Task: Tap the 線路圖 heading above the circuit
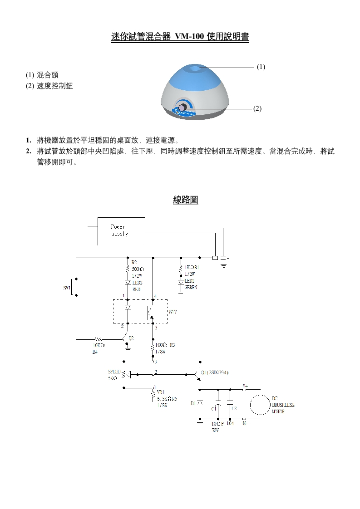pos(186,200)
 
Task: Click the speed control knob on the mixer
pos(182,108)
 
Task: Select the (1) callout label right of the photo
pos(261,67)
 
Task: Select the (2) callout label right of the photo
pos(257,108)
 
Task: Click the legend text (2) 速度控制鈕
pos(49,86)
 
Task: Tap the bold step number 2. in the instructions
pos(29,151)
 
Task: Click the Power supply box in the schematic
pos(121,231)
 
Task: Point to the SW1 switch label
pos(67,288)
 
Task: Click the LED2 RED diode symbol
pos(128,282)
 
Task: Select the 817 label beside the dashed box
pos(173,312)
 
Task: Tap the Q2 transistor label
pos(131,338)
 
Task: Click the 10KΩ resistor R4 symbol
pos(99,338)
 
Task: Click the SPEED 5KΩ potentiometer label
pos(114,374)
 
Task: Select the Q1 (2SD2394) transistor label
pos(215,372)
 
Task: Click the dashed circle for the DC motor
pos(261,405)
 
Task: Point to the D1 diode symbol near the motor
pos(200,403)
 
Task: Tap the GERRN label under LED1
pos(191,287)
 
